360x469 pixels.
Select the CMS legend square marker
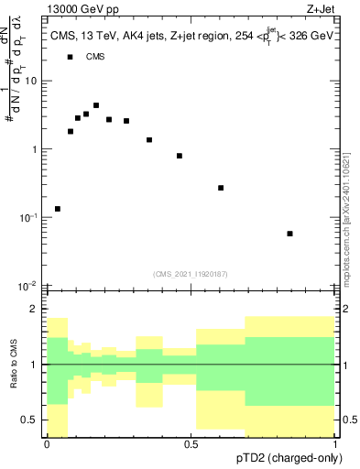tap(70, 57)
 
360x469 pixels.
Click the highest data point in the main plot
tap(96, 105)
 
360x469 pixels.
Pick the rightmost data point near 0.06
tap(289, 234)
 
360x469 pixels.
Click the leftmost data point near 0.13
tap(58, 209)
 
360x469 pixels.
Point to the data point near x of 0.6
tap(221, 188)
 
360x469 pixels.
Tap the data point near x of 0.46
tap(180, 156)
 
